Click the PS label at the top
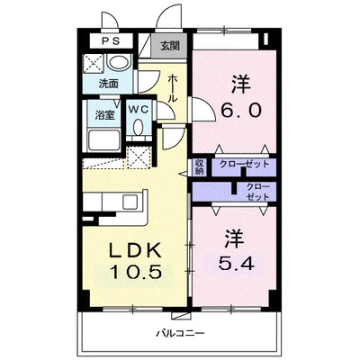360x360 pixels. [111, 40]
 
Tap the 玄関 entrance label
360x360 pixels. [170, 46]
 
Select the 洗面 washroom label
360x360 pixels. [109, 84]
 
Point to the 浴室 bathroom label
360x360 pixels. [104, 115]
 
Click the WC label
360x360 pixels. [139, 110]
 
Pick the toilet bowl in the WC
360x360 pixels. [139, 127]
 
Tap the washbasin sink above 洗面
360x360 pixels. [119, 63]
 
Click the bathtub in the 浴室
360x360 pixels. [104, 140]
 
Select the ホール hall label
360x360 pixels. [173, 88]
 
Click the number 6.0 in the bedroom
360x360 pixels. [241, 111]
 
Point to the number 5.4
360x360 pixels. [236, 264]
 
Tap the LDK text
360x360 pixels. [135, 250]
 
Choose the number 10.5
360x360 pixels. [136, 272]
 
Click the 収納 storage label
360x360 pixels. [200, 167]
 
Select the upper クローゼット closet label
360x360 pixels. [245, 164]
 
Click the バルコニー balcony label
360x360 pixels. [181, 333]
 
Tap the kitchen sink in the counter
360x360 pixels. [130, 202]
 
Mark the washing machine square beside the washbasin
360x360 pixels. [94, 63]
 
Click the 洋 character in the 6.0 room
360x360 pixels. [241, 85]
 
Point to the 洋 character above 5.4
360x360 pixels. [233, 238]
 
